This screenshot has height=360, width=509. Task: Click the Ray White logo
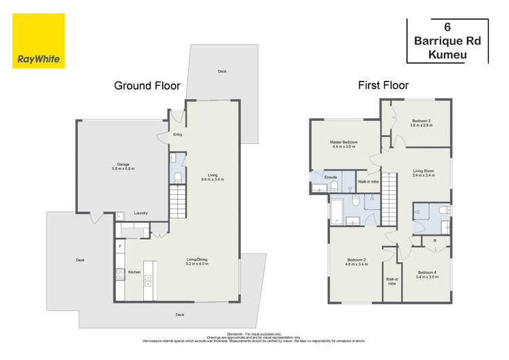click(x=39, y=41)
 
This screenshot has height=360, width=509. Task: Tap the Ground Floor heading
click(x=147, y=86)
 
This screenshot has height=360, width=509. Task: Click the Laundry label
click(x=141, y=213)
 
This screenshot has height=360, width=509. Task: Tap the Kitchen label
click(x=134, y=272)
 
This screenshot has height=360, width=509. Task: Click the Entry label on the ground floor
click(x=177, y=134)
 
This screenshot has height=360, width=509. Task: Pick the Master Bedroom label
click(x=344, y=143)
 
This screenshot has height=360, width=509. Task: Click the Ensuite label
click(x=331, y=177)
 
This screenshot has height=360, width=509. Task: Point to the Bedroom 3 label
click(x=421, y=123)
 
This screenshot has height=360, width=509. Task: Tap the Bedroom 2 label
click(x=356, y=261)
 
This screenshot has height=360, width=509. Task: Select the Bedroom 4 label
click(x=427, y=273)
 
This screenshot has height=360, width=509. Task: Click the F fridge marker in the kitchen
click(x=120, y=245)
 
